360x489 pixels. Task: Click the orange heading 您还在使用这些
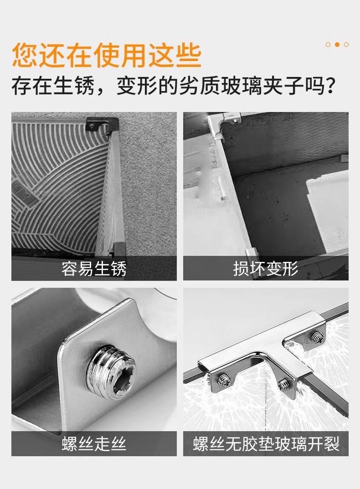click(x=107, y=55)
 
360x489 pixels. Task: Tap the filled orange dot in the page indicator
click(x=337, y=45)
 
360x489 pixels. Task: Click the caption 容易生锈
click(x=94, y=269)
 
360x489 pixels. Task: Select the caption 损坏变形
click(x=266, y=269)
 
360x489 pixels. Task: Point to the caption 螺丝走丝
click(x=94, y=443)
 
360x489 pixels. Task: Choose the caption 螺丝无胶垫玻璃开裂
click(x=266, y=443)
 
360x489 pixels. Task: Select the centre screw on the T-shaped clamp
click(x=283, y=384)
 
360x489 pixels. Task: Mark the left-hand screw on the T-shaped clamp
click(x=224, y=380)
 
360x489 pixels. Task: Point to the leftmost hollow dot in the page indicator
click(x=328, y=45)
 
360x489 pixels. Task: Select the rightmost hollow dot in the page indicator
click(x=346, y=45)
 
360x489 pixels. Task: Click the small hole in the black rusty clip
click(x=92, y=126)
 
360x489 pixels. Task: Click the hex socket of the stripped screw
click(x=123, y=375)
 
